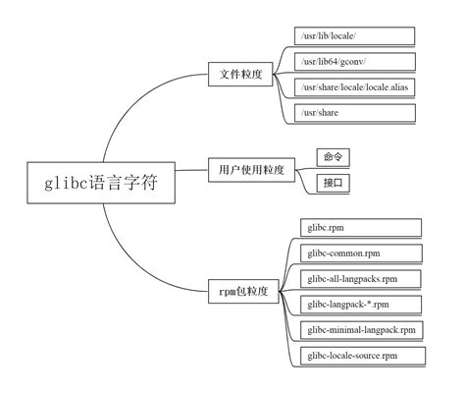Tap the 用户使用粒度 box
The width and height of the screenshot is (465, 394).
[x=250, y=170]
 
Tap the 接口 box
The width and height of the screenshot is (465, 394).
[x=334, y=183]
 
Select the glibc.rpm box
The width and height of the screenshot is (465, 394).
[x=360, y=228]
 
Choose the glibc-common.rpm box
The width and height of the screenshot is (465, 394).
[x=360, y=253]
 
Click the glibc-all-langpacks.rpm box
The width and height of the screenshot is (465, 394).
[x=360, y=279]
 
